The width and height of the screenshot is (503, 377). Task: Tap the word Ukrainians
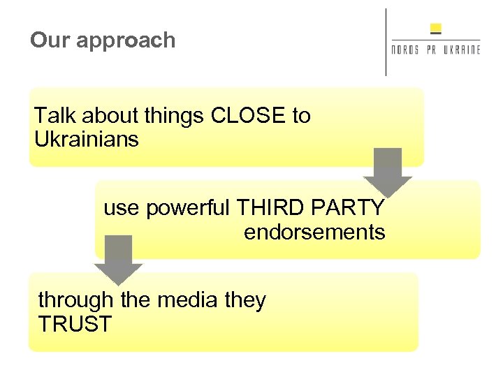(87, 139)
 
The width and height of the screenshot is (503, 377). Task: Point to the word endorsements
(314, 232)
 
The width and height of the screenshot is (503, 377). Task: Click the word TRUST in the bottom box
(75, 324)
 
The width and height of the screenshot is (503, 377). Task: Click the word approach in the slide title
(126, 40)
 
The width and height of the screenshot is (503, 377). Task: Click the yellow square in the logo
(436, 29)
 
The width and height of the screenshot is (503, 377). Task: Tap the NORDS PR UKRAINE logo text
(436, 50)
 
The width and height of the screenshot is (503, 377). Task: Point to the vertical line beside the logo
(386, 42)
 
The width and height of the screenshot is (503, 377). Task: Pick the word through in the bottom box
(76, 300)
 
